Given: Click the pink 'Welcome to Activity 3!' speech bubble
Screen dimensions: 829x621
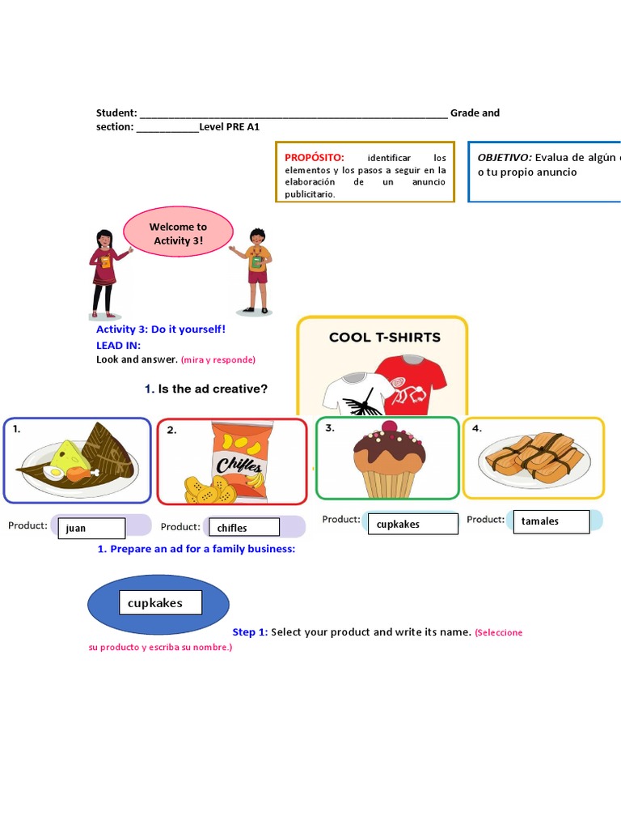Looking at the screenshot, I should point(178,233).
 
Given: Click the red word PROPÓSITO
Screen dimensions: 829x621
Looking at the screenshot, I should point(315,157).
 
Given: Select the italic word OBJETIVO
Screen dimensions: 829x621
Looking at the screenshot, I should point(505,157).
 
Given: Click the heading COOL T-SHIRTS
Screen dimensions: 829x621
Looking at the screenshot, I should point(384,338).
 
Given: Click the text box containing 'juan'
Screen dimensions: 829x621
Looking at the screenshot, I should point(91,528).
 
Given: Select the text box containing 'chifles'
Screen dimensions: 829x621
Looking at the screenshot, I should point(246,528).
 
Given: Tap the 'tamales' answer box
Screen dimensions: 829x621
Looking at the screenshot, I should point(552,521).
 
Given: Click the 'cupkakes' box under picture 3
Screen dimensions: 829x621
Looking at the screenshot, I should point(411,524).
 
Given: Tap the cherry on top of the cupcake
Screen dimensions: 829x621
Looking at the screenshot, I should point(390,427).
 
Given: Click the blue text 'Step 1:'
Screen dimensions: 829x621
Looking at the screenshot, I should point(249,632).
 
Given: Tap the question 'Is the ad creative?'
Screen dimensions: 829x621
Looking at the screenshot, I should point(213,389).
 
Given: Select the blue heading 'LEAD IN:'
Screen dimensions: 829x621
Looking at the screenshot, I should point(118,345).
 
